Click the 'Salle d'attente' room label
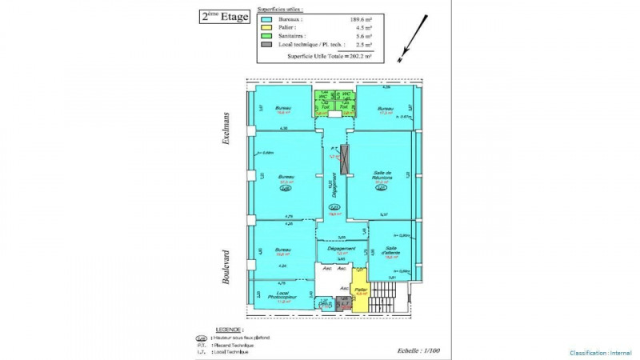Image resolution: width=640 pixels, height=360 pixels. (391, 252)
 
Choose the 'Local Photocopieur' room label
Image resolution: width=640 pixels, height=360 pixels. (282, 298)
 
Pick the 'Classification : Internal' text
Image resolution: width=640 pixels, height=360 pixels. (601, 353)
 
